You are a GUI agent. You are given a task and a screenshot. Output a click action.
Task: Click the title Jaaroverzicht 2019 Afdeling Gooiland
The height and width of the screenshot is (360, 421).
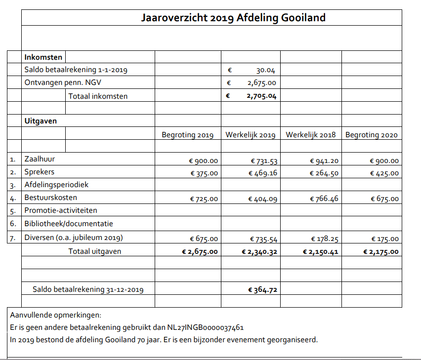(x=233, y=18)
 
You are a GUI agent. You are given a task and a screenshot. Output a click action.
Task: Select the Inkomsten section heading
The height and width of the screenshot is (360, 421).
(x=43, y=57)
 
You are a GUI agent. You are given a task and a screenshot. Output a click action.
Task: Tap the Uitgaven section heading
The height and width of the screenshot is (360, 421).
(x=41, y=120)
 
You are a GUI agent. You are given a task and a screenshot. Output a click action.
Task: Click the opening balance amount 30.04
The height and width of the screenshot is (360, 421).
(x=265, y=70)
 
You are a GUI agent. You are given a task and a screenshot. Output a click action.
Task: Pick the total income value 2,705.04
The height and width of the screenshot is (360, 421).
(x=261, y=96)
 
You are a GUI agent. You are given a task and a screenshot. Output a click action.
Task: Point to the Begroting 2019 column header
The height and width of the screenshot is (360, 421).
(x=187, y=135)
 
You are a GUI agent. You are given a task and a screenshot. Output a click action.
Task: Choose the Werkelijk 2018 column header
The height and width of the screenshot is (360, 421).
(x=310, y=135)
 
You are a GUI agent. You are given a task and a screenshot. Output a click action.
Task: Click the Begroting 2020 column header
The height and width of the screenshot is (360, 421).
(x=371, y=135)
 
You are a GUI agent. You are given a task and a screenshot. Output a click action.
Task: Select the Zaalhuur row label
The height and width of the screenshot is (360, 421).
(x=40, y=159)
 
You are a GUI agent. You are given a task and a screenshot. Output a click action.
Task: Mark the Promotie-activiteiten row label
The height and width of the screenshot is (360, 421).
(x=61, y=211)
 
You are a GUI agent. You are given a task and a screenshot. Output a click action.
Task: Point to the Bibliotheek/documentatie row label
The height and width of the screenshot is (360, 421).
(x=69, y=224)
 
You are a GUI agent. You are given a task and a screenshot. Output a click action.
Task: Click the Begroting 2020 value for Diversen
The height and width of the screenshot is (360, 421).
(x=384, y=239)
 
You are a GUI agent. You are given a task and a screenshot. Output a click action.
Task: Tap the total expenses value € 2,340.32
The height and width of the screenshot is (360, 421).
(x=259, y=252)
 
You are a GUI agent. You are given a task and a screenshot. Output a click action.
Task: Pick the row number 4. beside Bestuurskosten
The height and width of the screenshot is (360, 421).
(x=13, y=199)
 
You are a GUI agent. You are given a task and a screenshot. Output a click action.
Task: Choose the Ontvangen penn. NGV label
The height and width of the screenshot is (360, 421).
(x=63, y=83)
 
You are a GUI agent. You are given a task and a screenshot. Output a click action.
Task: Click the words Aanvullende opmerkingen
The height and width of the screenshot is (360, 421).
(x=55, y=315)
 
